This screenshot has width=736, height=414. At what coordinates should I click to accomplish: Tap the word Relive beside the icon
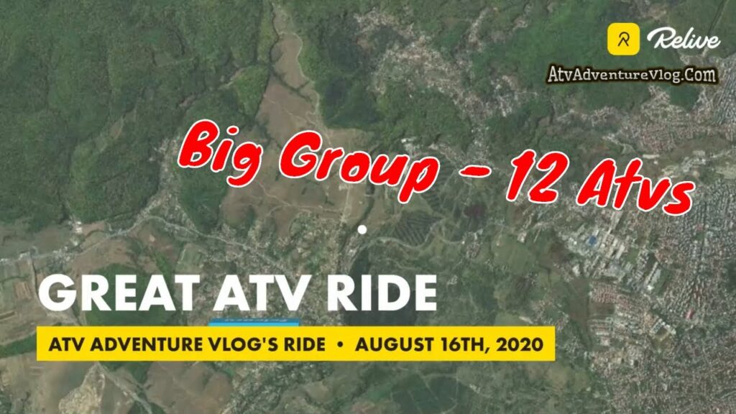[x=682, y=40]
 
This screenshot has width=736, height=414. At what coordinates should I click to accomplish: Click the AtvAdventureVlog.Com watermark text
[x=632, y=75]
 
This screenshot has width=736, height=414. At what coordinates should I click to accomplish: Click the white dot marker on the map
[x=362, y=230]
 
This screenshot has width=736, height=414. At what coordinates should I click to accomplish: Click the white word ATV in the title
[x=258, y=294]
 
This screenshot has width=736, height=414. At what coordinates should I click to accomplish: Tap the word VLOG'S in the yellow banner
[x=230, y=344]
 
